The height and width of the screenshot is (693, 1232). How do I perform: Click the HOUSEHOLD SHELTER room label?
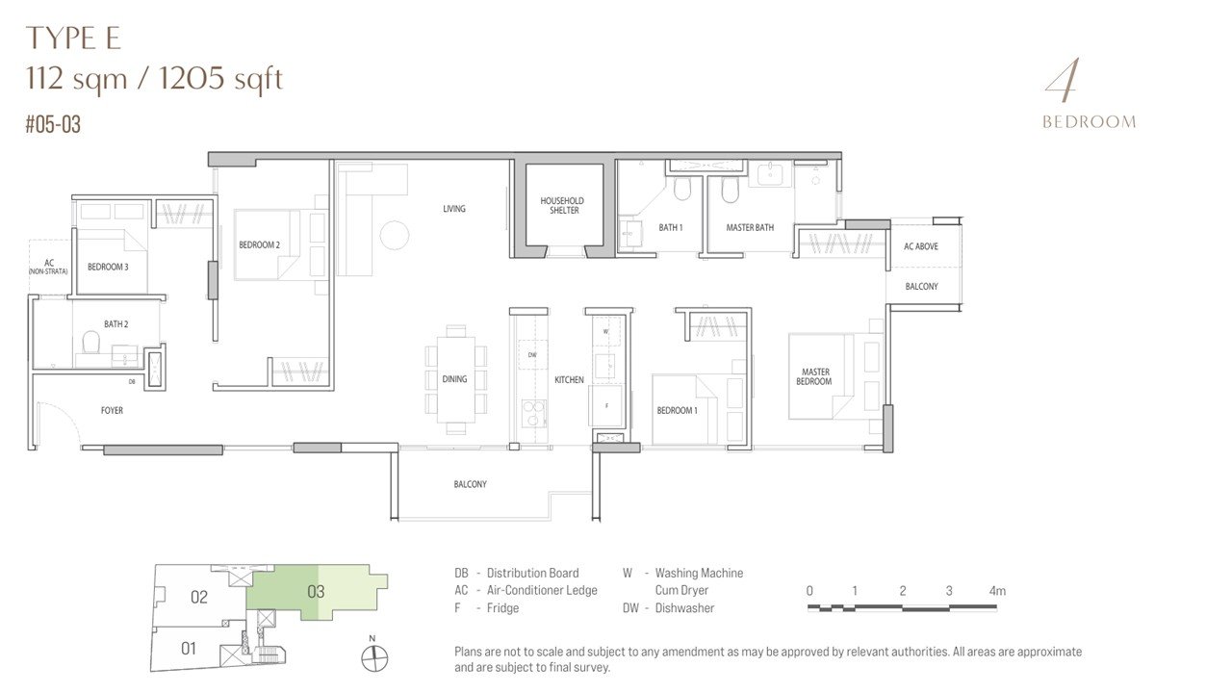[x=562, y=205]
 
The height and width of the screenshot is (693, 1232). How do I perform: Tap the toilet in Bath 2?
[x=90, y=342]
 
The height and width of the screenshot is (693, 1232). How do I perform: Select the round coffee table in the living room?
[x=395, y=235]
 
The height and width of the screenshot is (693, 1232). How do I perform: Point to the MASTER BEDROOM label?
[x=814, y=376]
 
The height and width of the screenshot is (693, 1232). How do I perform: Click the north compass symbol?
[x=374, y=657]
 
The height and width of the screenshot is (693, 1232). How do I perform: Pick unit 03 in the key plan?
[x=316, y=592]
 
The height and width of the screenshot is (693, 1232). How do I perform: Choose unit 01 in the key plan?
[x=189, y=649]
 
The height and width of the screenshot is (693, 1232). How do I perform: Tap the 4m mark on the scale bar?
[x=997, y=591]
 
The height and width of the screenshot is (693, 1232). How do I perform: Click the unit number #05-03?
[x=53, y=124]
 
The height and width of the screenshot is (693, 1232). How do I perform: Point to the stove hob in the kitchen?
[x=533, y=414]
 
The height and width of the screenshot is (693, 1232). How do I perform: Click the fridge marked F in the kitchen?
[x=606, y=405]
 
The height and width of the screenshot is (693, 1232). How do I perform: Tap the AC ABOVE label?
[x=921, y=246]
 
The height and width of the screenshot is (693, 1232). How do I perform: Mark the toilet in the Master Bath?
[x=730, y=190]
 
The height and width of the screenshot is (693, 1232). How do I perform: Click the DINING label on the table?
[x=454, y=379]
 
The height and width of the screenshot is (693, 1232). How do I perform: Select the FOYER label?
[x=112, y=410]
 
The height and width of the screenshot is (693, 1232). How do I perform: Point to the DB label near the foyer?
[x=132, y=381]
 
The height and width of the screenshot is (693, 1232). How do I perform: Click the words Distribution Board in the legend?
[x=532, y=573]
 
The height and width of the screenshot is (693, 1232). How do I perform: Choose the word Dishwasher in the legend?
[x=684, y=608]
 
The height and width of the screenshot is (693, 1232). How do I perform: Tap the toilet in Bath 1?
[x=682, y=190]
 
